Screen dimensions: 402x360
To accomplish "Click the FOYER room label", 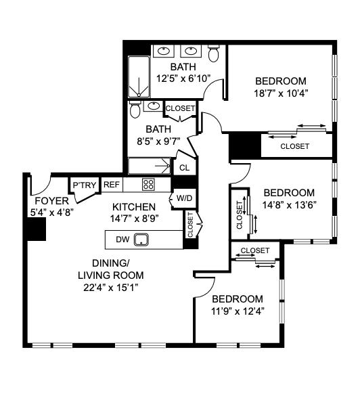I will pos(51,201).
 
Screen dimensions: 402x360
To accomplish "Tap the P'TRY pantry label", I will pos(84,185).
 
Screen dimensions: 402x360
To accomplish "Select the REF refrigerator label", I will pos(112,185).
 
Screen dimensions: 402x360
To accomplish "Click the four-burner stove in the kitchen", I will pos(148,184).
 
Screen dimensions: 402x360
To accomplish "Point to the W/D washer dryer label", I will pos(183,199).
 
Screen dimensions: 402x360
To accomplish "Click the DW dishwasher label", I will pos(122,239).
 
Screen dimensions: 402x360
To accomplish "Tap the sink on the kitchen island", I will pos(142,239).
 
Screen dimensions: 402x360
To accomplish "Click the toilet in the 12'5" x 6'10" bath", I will pos(214,53).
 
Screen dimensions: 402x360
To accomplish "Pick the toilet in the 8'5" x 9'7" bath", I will pos(135,109).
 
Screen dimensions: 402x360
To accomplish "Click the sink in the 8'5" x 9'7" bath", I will pos(154,106).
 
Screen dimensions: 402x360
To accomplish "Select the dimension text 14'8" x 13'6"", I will pos(289,204).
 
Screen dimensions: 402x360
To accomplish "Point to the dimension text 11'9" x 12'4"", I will pos(237,311).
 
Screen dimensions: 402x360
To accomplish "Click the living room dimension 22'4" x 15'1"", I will pos(111,287).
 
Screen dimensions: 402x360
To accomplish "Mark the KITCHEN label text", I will pos(134,207).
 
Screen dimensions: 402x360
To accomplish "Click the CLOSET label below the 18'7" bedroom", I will pos(294,146).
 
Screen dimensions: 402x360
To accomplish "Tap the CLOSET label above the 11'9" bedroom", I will pos(254,251).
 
